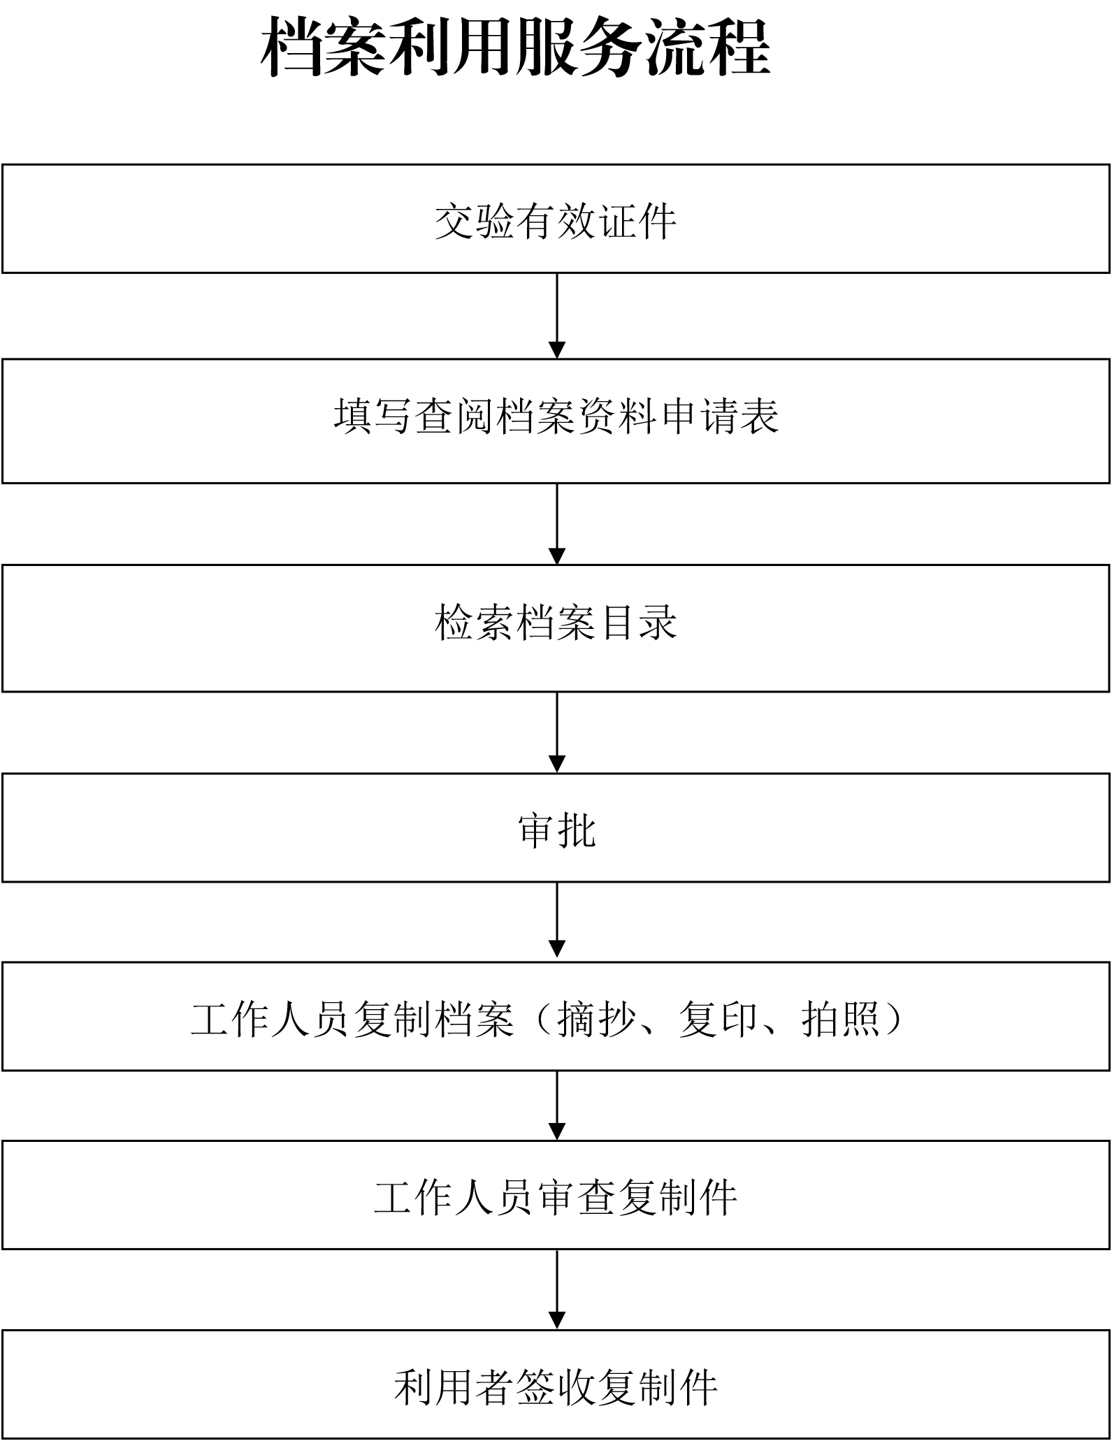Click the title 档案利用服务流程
[x=516, y=48]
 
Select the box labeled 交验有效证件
[x=556, y=219]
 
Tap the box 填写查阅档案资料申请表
[x=556, y=421]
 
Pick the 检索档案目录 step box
[x=556, y=628]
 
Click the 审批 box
[x=556, y=827]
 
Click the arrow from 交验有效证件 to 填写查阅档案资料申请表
[x=557, y=316]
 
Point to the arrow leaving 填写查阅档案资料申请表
[x=557, y=524]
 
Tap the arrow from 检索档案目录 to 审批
[x=557, y=732]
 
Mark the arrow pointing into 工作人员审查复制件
[x=557, y=1106]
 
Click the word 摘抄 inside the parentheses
[x=597, y=1019]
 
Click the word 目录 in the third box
[x=637, y=622]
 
